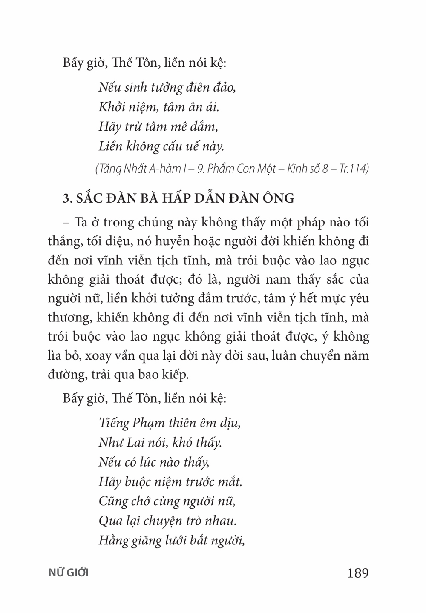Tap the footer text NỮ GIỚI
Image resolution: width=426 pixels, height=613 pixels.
pyautogui.click(x=69, y=573)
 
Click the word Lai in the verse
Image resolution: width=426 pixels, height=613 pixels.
pyautogui.click(x=136, y=443)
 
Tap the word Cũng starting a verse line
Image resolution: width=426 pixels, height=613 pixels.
pyautogui.click(x=112, y=501)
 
